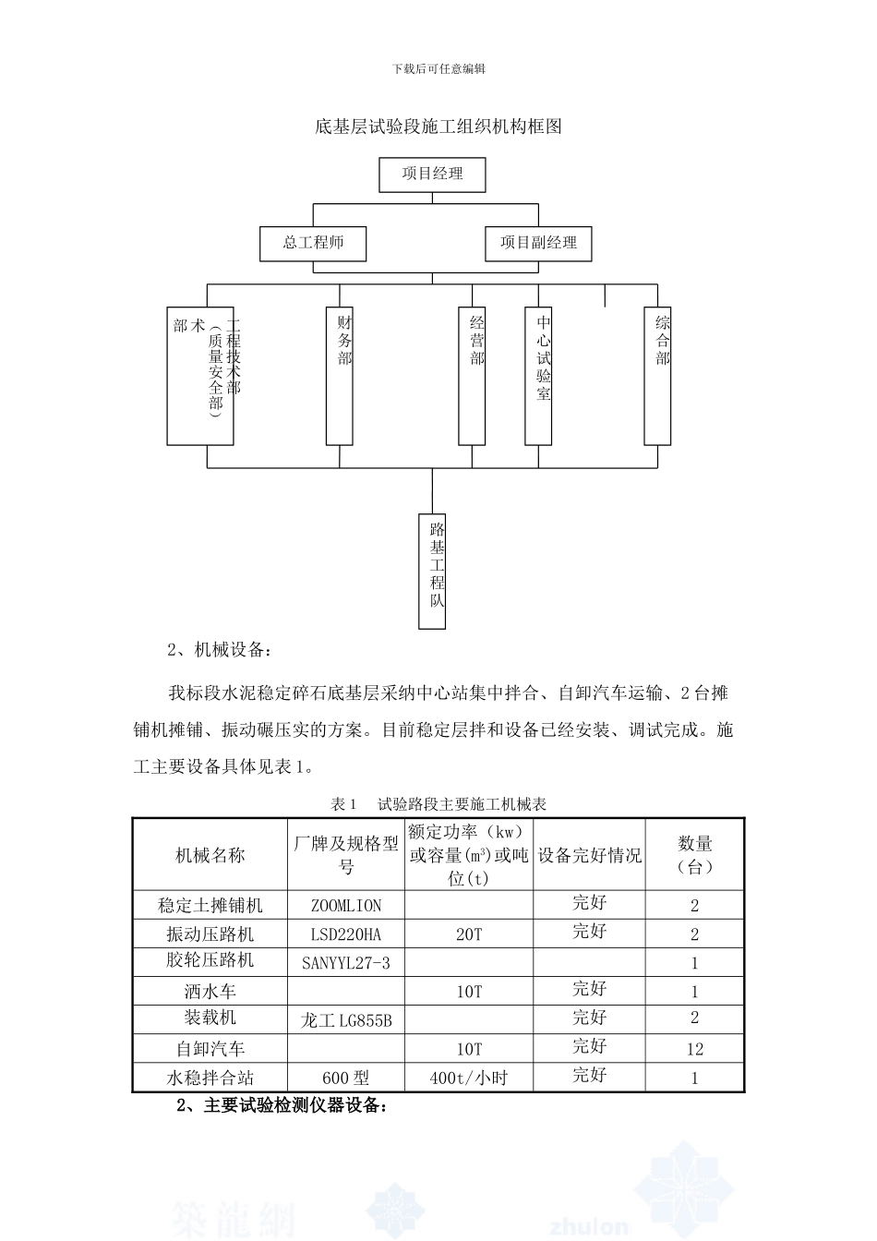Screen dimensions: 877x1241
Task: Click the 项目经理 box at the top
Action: pos(432,174)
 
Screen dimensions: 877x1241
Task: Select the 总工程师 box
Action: pos(314,243)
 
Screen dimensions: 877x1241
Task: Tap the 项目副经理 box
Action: pos(538,243)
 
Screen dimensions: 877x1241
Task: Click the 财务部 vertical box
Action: pos(340,375)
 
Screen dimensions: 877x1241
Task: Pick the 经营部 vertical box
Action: pos(473,375)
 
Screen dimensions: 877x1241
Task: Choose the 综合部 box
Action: pos(657,375)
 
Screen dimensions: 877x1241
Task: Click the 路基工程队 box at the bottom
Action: pos(432,571)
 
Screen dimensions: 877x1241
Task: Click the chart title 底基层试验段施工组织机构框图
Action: pos(438,127)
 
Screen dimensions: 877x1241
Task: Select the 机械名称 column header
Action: pos(210,855)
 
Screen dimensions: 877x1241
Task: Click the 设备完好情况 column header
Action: pos(589,855)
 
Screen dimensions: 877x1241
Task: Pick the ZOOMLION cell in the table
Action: pos(346,906)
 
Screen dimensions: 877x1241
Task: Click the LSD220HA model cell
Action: pos(346,934)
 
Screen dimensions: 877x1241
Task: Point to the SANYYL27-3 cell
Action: pos(346,963)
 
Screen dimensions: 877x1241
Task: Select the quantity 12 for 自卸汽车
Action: pos(694,1049)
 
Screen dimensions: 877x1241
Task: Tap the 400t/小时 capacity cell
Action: pos(469,1078)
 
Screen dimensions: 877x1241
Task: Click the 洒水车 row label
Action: pos(210,992)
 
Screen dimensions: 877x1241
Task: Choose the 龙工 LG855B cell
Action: pos(346,1020)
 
